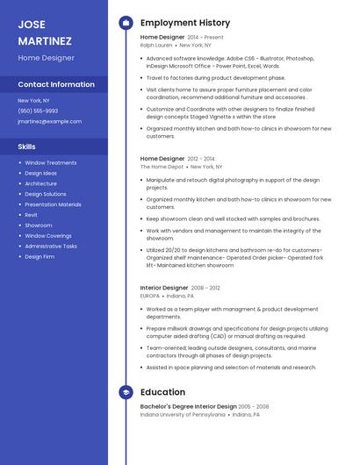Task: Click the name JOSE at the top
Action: click(x=32, y=24)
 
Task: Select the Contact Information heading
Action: click(x=56, y=84)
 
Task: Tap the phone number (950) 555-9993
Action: click(x=38, y=111)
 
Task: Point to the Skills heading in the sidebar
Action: click(x=27, y=147)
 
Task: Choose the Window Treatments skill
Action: click(x=51, y=162)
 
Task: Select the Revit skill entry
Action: click(x=32, y=214)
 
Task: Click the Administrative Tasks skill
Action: click(x=51, y=246)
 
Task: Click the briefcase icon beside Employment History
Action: click(x=126, y=22)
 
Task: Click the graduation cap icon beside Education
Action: click(x=126, y=391)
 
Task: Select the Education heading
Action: click(x=162, y=391)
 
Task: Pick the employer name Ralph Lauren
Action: click(x=156, y=44)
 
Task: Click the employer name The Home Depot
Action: click(x=162, y=166)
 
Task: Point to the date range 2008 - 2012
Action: click(x=205, y=287)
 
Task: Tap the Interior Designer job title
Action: click(x=164, y=287)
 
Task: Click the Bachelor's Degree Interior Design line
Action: click(x=188, y=406)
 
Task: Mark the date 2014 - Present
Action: click(x=206, y=37)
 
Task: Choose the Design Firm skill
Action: click(x=40, y=256)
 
